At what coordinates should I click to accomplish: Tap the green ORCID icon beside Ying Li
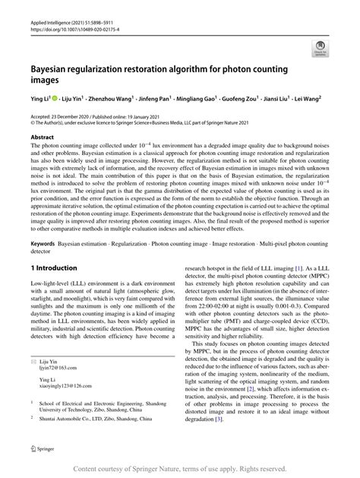(x=55, y=98)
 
